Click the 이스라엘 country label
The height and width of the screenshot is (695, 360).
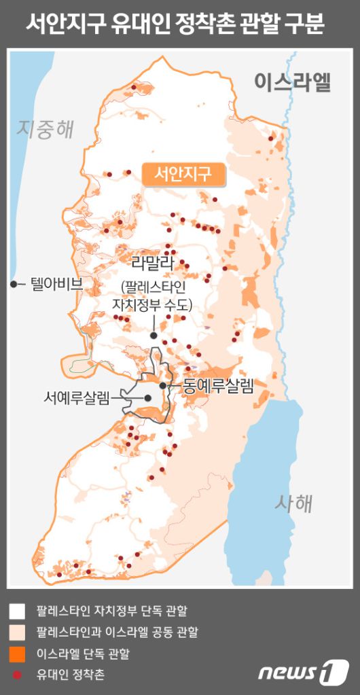(293, 82)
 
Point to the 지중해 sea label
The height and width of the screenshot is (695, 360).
(46, 128)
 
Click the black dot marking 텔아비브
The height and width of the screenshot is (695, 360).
(14, 284)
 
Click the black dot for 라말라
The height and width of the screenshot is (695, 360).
(154, 335)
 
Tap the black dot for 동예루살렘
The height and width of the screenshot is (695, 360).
(163, 385)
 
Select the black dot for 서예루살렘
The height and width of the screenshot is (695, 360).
(147, 398)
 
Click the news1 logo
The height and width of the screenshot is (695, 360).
(303, 671)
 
